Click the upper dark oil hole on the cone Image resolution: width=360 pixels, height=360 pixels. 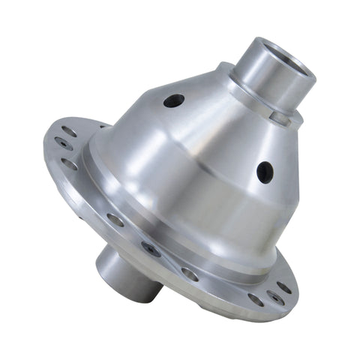point(173,100)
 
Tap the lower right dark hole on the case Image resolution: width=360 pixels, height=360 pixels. point(265,172)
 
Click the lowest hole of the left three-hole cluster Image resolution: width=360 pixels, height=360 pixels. point(69,163)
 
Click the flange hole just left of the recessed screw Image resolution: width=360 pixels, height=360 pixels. point(115,220)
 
